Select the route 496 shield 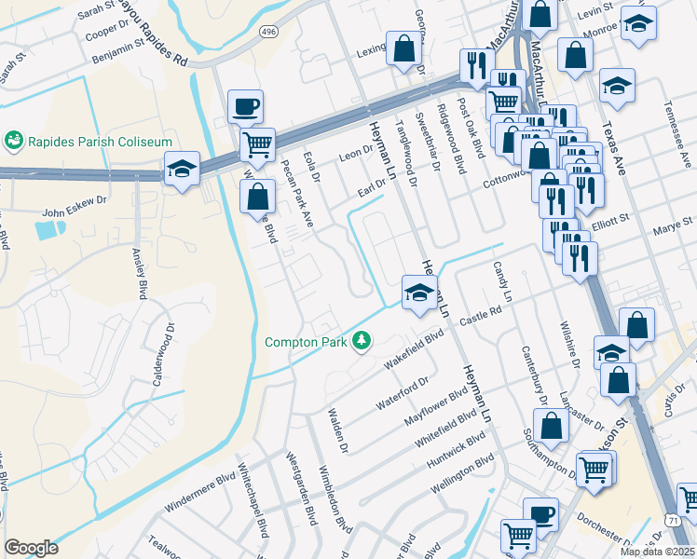click(268, 32)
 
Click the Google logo click(31, 548)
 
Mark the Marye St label click(666, 226)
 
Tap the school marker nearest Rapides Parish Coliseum click(183, 169)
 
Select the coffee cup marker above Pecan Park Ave click(245, 106)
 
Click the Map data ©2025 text click(658, 552)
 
